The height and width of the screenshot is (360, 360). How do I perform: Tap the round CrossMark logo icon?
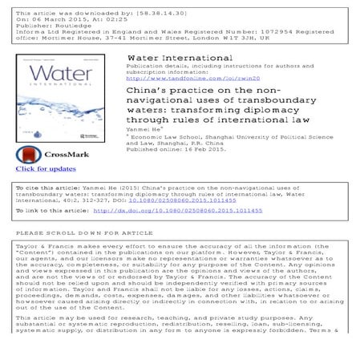pyautogui.click(x=28, y=153)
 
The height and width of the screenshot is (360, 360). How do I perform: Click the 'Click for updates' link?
pyautogui.click(x=46, y=169)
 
